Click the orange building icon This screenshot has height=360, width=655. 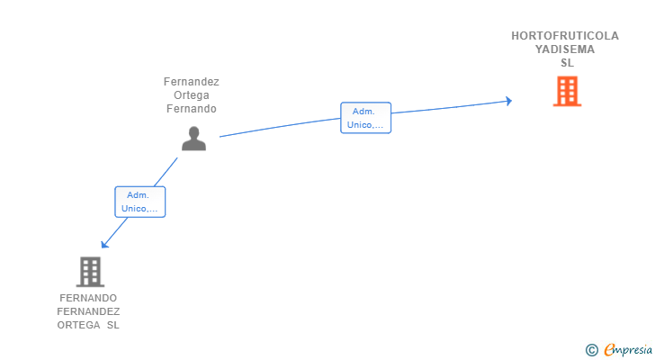tap(567, 91)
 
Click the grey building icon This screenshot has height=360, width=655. tap(90, 272)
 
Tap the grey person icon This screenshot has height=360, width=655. tap(193, 139)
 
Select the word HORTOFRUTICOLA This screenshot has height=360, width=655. tap(565, 36)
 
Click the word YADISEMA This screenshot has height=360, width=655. tap(565, 49)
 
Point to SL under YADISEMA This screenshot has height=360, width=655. tap(567, 63)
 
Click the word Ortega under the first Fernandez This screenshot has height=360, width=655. tap(192, 95)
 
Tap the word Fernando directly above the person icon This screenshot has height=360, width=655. tap(192, 109)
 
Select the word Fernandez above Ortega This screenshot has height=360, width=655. tap(192, 81)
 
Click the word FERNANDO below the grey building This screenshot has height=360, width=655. tap(88, 298)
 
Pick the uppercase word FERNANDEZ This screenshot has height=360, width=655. tap(88, 311)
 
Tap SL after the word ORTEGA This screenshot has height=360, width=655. tap(112, 325)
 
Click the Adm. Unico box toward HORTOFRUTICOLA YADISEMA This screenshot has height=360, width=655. tap(365, 118)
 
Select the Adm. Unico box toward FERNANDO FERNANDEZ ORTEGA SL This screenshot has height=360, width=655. tap(140, 202)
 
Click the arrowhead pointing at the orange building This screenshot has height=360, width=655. tap(509, 101)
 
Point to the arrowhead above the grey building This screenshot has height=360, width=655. tap(104, 244)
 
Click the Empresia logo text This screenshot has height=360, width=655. tap(628, 350)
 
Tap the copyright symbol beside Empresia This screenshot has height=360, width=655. tap(591, 350)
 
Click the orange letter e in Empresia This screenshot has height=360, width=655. tap(609, 349)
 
